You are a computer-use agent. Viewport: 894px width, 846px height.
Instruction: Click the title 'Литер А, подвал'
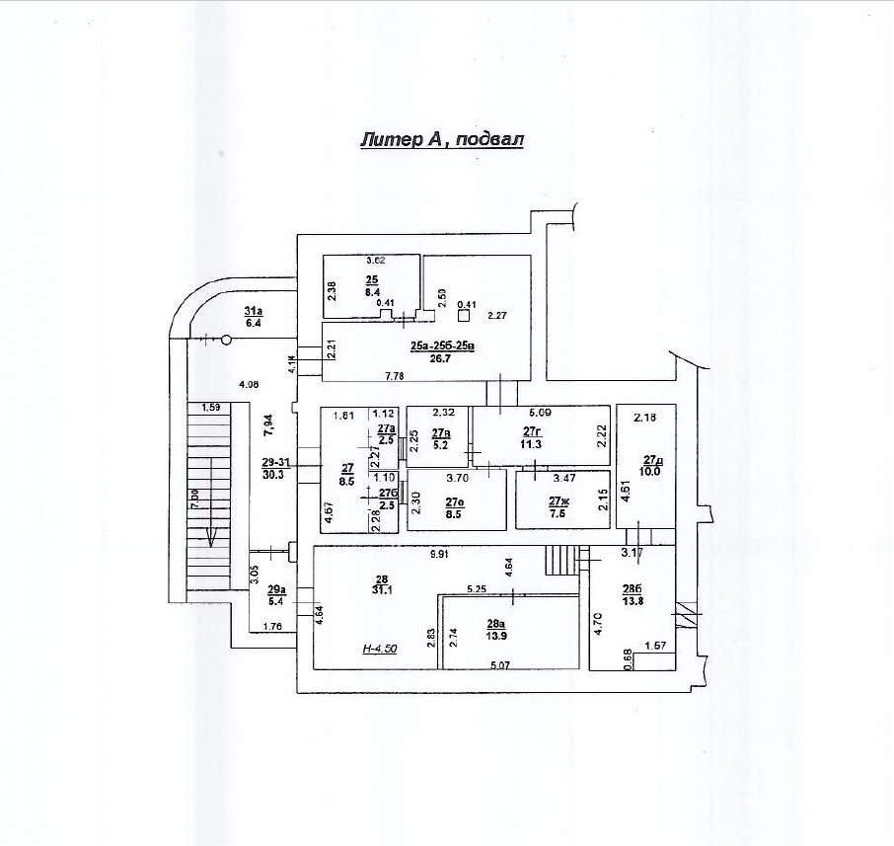441,140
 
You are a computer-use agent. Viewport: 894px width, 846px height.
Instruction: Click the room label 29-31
275,462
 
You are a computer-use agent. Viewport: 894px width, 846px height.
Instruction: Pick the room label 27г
534,431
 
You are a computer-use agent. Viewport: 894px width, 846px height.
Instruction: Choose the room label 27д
652,460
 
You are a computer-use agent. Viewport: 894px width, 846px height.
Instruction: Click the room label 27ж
559,502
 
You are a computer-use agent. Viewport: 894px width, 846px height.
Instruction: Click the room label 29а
276,589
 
